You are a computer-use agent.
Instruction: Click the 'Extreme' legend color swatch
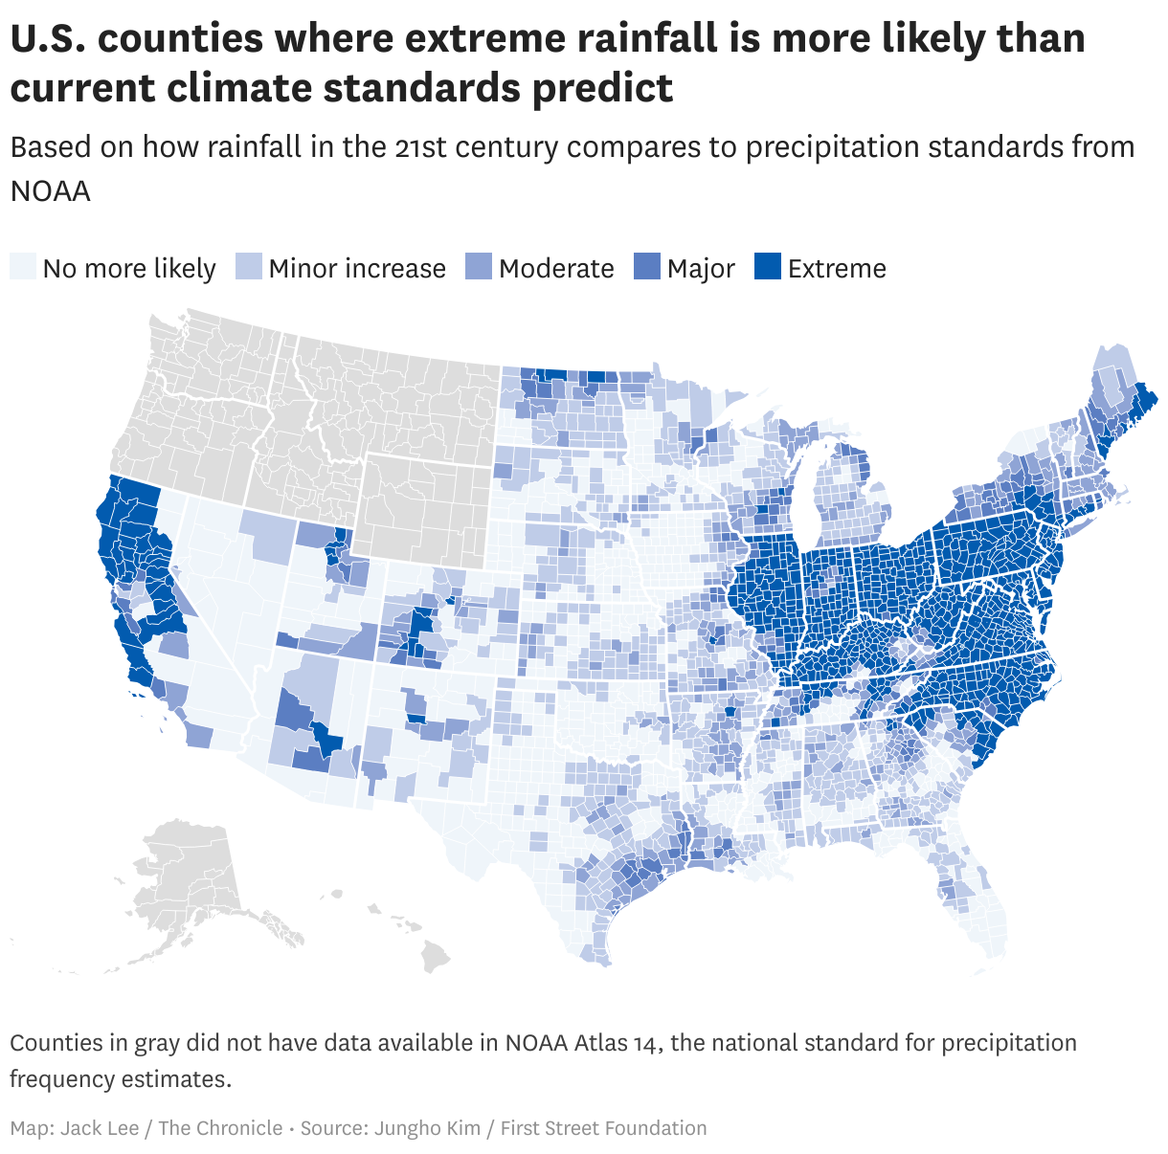coord(768,267)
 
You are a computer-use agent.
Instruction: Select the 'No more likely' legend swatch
coord(23,267)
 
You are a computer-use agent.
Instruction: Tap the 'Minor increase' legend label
coord(357,269)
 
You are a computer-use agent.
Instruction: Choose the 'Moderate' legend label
coord(556,269)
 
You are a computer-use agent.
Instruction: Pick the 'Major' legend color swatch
coord(647,267)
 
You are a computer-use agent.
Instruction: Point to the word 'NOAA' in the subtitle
coord(50,190)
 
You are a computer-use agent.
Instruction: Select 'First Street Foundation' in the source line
coord(603,1128)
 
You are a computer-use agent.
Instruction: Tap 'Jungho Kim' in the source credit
coord(427,1128)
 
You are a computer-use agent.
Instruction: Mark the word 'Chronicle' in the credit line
coord(237,1128)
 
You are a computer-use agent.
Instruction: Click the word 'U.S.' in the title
coord(47,39)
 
